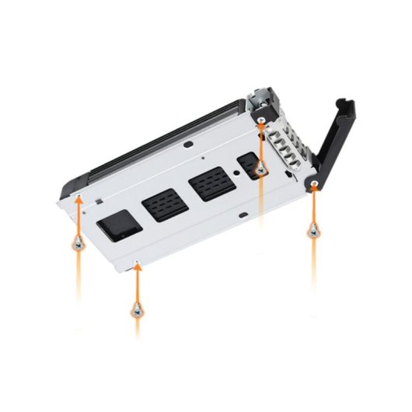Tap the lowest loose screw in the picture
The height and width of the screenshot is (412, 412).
pyautogui.click(x=137, y=309)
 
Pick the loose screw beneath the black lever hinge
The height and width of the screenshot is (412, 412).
pyautogui.click(x=312, y=229)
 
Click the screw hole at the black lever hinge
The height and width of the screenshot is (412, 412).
pyautogui.click(x=313, y=185)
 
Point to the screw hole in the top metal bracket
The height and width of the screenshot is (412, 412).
pyautogui.click(x=262, y=119)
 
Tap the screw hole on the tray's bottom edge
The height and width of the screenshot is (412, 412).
pyautogui.click(x=137, y=262)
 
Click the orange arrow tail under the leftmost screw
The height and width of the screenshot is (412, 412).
pyautogui.click(x=78, y=272)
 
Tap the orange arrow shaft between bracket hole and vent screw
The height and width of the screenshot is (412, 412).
pyautogui.click(x=262, y=144)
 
